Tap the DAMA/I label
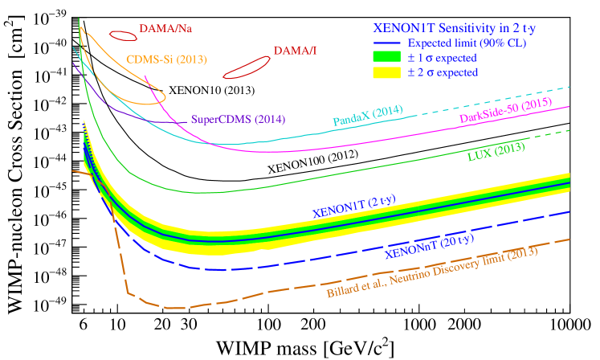click(x=295, y=51)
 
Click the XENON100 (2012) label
click(x=313, y=161)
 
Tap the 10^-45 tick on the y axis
click(x=51, y=190)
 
